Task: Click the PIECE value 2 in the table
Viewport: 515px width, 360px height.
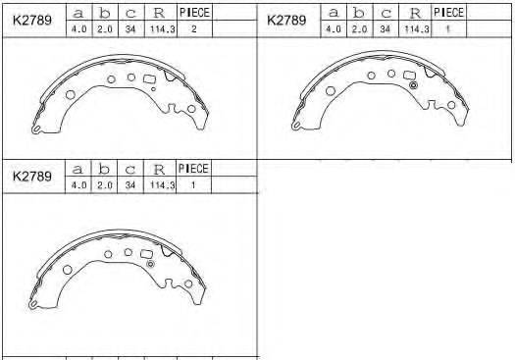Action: pyautogui.click(x=194, y=28)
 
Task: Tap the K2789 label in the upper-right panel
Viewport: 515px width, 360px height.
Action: pyautogui.click(x=286, y=20)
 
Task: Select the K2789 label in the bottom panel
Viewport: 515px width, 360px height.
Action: pyautogui.click(x=31, y=176)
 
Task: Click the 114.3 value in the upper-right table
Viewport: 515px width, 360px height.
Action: pyautogui.click(x=417, y=29)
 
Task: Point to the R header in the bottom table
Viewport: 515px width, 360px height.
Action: pyautogui.click(x=159, y=169)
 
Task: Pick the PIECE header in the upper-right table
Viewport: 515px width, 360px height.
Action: pyautogui.click(x=448, y=13)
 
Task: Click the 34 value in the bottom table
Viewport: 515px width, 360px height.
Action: pyautogui.click(x=130, y=185)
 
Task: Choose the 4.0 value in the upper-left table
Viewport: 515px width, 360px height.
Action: pyautogui.click(x=78, y=29)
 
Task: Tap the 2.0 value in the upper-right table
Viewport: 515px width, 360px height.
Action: pyautogui.click(x=359, y=29)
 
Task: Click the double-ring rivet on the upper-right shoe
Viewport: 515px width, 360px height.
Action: pyautogui.click(x=414, y=85)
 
